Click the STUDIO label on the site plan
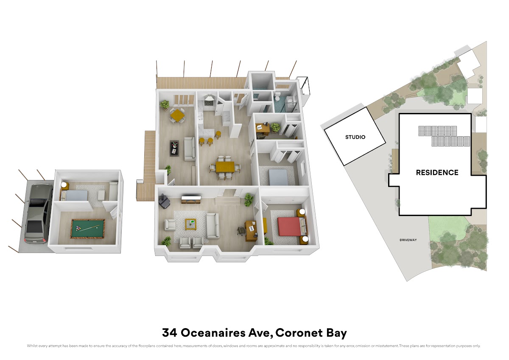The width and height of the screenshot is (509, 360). [x=355, y=137]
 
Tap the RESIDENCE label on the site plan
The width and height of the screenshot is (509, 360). [x=437, y=173]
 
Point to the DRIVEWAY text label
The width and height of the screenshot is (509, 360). [x=408, y=240]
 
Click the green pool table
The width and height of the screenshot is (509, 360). [x=88, y=228]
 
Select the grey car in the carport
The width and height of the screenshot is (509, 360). [x=38, y=214]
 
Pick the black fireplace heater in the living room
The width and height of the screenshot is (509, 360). [x=165, y=202]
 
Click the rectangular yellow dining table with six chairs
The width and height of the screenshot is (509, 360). [x=225, y=167]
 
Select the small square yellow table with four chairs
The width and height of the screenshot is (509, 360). [x=177, y=115]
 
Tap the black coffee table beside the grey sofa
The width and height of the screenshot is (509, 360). [x=174, y=148]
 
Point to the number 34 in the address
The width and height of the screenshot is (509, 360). [x=170, y=333]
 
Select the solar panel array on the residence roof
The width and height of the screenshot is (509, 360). [x=444, y=136]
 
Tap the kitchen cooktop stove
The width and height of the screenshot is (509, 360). [x=208, y=103]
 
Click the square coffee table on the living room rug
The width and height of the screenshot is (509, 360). [x=190, y=224]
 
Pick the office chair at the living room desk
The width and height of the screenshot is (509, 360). [x=241, y=230]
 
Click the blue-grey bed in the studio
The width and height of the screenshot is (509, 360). [x=74, y=195]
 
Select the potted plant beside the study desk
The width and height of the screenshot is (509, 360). [x=276, y=127]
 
